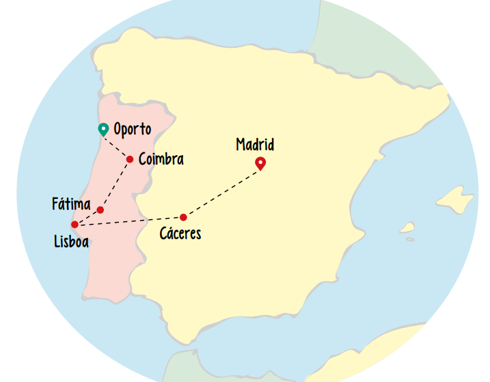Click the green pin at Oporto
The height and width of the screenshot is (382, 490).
(x=103, y=128)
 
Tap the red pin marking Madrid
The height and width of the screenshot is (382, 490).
(x=260, y=163)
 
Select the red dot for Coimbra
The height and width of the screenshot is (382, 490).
(x=130, y=159)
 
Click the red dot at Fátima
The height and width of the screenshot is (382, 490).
(x=100, y=210)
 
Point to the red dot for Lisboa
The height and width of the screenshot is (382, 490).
(x=74, y=224)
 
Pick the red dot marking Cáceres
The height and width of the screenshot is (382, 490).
(x=183, y=217)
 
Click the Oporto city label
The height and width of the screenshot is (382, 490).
(x=132, y=129)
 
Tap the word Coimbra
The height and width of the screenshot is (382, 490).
(x=161, y=159)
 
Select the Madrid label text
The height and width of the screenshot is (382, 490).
(x=255, y=145)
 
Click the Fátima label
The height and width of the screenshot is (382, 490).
(x=71, y=204)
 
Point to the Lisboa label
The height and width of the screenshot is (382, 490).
(x=71, y=241)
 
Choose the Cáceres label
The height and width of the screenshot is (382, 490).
(x=180, y=234)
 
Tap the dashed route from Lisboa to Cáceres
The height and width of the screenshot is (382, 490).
(x=130, y=221)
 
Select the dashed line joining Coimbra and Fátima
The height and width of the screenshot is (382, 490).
(x=115, y=184)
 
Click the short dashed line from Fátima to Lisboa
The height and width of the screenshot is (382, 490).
(x=87, y=217)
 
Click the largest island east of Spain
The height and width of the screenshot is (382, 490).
(x=454, y=199)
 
